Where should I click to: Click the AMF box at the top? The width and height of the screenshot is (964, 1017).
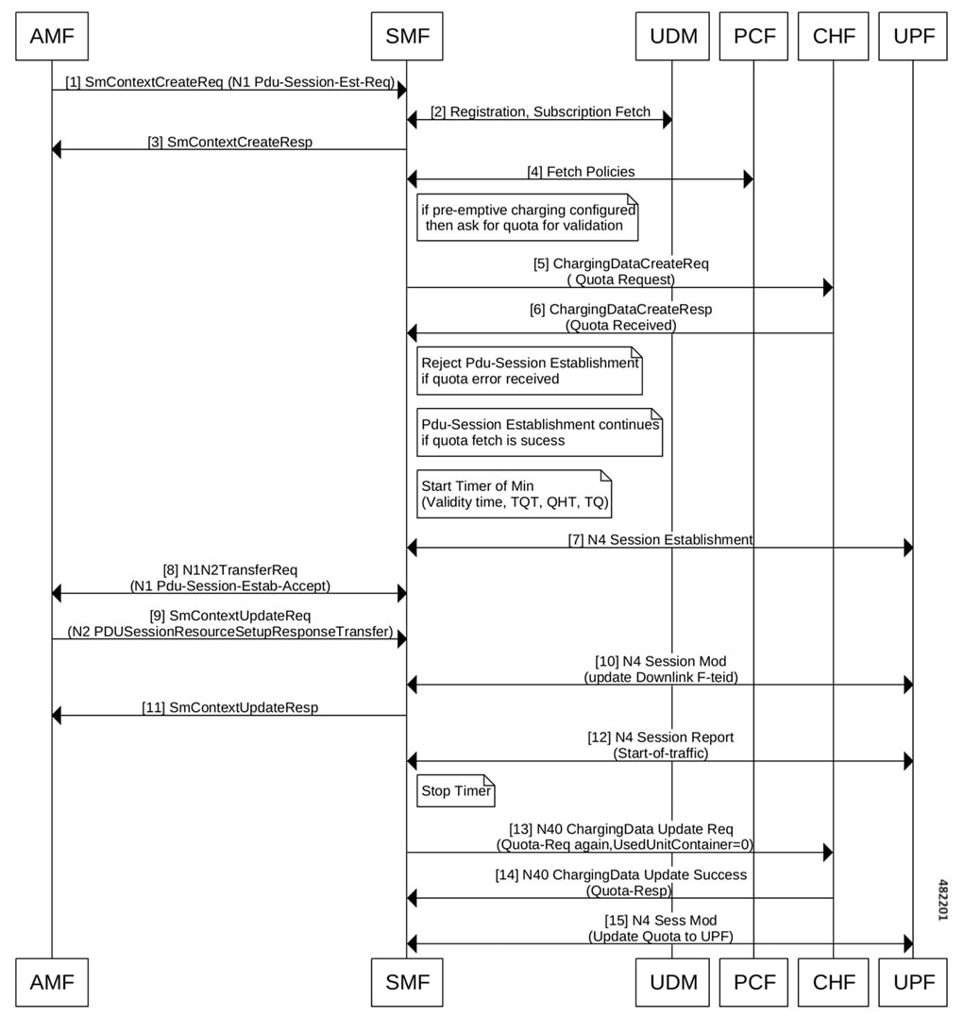click(x=52, y=36)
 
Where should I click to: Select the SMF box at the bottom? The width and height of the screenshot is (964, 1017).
click(x=407, y=982)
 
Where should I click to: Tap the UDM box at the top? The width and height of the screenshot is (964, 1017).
click(x=672, y=36)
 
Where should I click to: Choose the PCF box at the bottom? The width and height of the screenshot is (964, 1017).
click(x=753, y=982)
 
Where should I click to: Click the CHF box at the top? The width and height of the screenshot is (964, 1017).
click(x=833, y=36)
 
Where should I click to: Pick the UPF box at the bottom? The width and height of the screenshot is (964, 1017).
click(x=913, y=982)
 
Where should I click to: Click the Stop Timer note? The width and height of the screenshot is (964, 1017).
click(x=455, y=790)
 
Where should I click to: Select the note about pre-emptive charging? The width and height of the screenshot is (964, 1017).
click(x=527, y=217)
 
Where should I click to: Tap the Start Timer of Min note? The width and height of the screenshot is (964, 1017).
click(x=514, y=494)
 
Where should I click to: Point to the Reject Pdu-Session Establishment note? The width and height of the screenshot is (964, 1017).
click(x=530, y=370)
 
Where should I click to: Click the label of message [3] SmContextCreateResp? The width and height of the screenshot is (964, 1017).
click(x=229, y=142)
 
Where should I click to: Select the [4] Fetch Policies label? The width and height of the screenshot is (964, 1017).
click(x=581, y=172)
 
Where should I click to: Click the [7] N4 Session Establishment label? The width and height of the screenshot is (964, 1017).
click(x=660, y=539)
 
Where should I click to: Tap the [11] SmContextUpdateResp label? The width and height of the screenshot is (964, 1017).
click(x=229, y=707)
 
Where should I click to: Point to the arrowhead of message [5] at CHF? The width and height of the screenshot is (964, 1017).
click(x=828, y=287)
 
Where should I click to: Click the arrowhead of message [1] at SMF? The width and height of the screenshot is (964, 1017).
click(x=401, y=90)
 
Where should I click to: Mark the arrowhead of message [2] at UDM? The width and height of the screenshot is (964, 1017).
click(x=667, y=119)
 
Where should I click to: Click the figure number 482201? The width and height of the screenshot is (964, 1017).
click(x=943, y=900)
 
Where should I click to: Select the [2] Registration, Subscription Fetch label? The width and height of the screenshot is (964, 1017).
click(x=540, y=111)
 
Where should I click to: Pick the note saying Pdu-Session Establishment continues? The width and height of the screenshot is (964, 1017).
click(x=540, y=432)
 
